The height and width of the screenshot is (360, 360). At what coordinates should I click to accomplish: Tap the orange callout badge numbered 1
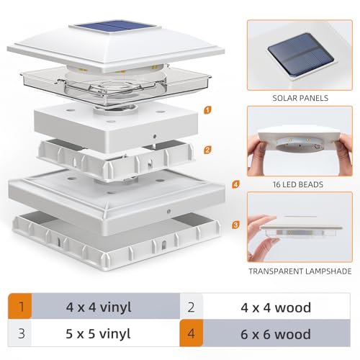[x=207, y=111]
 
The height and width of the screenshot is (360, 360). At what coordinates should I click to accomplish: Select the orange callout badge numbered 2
[x=207, y=150]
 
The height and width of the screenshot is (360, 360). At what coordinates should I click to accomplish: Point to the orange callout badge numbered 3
[x=235, y=225]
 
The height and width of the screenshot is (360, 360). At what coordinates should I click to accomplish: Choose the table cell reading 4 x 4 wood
[x=275, y=308]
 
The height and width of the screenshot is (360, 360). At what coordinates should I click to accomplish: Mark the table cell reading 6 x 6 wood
[x=275, y=334]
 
